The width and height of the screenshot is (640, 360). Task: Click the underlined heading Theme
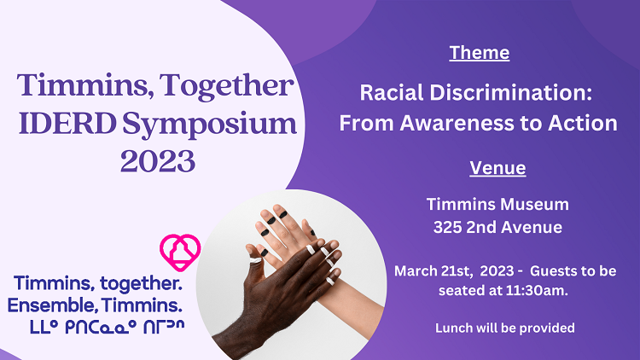480,53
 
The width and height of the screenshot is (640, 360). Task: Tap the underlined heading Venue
497,168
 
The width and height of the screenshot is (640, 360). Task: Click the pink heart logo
180,252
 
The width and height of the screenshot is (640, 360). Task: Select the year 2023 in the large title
158,161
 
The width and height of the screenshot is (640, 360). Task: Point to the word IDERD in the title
67,123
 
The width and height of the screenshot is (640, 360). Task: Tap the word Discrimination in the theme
510,93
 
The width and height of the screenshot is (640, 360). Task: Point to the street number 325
447,228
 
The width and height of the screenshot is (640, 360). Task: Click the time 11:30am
537,291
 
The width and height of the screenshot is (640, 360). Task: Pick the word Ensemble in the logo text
52,305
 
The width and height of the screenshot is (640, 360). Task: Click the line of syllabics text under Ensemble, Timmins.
108,327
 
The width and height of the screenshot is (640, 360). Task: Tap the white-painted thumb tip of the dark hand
255,260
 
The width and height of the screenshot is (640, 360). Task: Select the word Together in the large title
226,86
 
